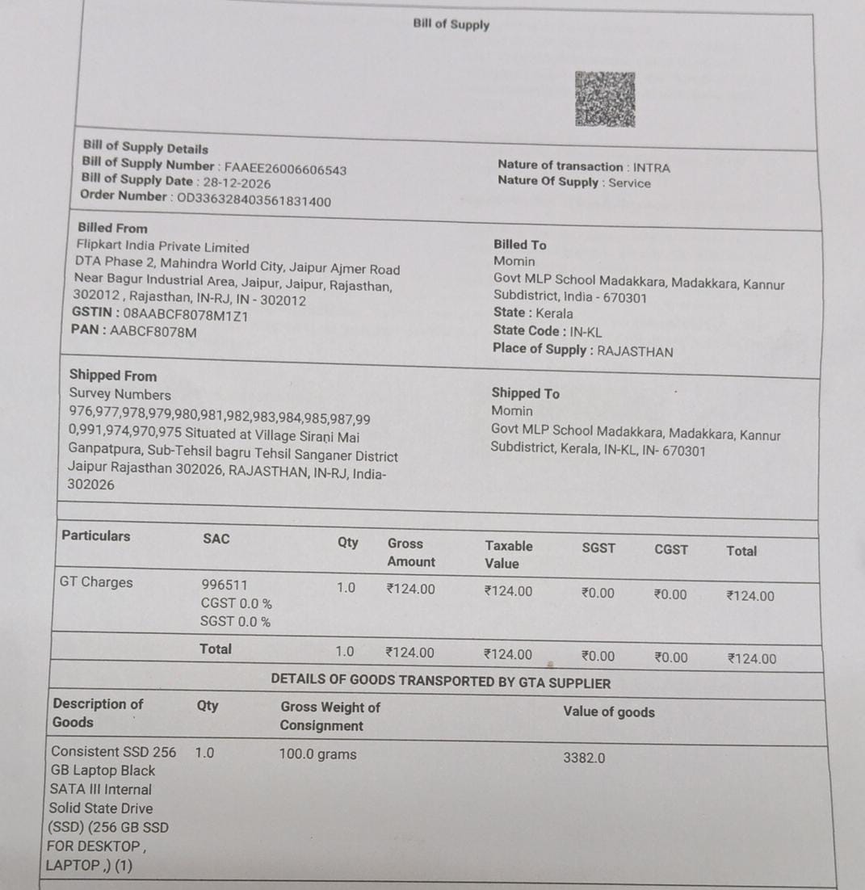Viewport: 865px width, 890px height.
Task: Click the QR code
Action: (605, 99)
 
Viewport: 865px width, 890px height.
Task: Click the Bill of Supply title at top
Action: (451, 24)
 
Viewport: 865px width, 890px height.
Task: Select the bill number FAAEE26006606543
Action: (285, 170)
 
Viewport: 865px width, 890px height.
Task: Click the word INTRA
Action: (651, 168)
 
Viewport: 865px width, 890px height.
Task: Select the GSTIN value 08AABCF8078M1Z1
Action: (186, 316)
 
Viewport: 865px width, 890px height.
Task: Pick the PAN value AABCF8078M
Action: (153, 332)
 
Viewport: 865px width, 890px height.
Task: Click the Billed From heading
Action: (112, 229)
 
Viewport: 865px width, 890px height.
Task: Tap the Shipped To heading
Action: (525, 393)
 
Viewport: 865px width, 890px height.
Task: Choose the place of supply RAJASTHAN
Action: (635, 351)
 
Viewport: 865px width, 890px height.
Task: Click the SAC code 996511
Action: (225, 585)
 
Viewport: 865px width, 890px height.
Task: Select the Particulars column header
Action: (95, 535)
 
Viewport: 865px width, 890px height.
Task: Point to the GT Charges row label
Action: (96, 582)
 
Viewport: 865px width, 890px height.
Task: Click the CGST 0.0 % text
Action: (236, 603)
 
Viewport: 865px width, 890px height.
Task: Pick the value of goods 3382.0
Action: (584, 758)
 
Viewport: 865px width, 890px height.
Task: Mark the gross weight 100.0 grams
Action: (317, 755)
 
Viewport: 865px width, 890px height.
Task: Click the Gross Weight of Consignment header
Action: (330, 716)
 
